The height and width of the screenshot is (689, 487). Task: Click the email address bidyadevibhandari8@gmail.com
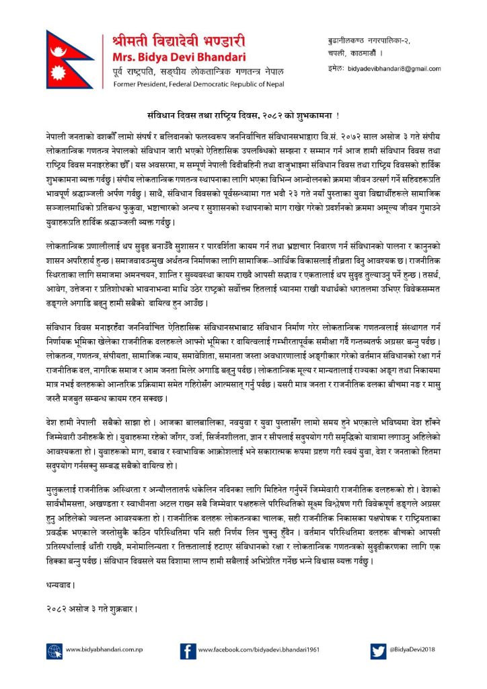[x=394, y=69]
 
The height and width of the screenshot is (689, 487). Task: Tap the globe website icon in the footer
[x=54, y=651]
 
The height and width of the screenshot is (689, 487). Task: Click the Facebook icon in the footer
[x=188, y=651]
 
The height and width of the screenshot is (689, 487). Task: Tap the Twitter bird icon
[x=378, y=651]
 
